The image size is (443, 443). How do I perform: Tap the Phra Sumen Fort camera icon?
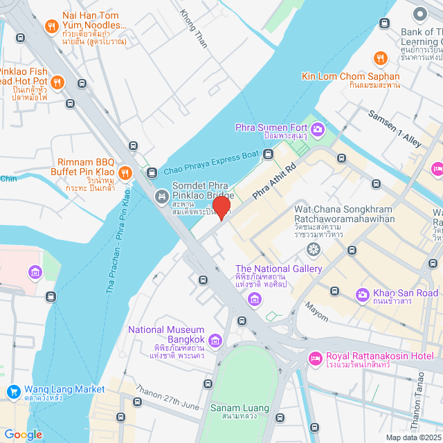(318, 128)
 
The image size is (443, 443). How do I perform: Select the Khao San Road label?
(406, 293)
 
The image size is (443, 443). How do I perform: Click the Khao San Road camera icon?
(362, 294)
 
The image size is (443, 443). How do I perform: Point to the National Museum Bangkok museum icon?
(215, 340)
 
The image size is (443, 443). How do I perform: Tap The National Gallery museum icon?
(255, 299)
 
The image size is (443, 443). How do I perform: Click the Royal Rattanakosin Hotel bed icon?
(314, 359)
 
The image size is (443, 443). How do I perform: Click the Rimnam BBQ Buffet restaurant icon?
(125, 172)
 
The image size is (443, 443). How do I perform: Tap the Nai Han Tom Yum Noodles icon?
(51, 27)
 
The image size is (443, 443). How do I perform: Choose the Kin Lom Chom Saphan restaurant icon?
(379, 59)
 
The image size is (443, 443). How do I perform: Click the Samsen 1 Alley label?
(395, 128)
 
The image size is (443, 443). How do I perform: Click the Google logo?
(23, 434)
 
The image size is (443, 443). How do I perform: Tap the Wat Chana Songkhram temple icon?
(314, 248)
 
